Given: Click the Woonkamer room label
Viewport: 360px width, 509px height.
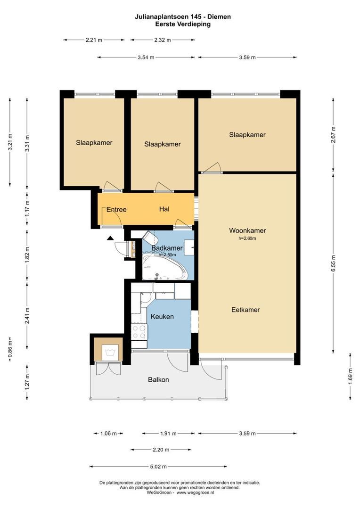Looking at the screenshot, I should [247, 230].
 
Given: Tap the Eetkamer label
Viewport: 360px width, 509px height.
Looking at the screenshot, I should [245, 310].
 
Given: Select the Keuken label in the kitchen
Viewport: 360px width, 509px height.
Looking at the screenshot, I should [162, 316].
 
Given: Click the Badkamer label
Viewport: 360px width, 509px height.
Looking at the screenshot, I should [166, 248].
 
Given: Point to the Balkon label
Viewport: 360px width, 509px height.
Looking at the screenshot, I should [158, 379].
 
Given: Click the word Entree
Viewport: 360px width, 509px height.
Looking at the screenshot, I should [116, 209].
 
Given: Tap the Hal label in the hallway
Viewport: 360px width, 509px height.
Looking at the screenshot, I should [164, 209].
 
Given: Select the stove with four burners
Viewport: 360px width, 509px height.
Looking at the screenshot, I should [139, 332].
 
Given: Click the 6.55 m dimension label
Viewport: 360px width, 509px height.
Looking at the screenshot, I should [334, 261].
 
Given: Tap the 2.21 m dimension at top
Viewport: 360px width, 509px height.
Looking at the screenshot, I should [94, 40].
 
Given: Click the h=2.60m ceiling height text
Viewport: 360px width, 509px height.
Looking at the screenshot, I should [247, 238].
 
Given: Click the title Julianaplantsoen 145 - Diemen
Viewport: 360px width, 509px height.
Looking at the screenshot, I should [182, 17].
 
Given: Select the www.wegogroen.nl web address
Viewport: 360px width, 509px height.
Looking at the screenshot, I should [195, 493].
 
